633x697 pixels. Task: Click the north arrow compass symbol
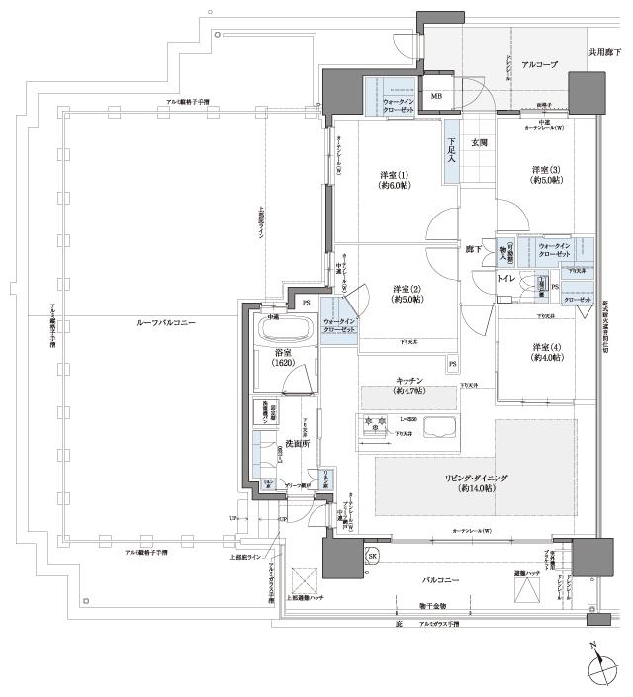click(601, 672)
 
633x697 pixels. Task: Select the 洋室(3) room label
click(547, 175)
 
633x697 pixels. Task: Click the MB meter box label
click(436, 96)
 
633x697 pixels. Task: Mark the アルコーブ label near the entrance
click(539, 63)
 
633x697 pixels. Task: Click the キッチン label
click(409, 386)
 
